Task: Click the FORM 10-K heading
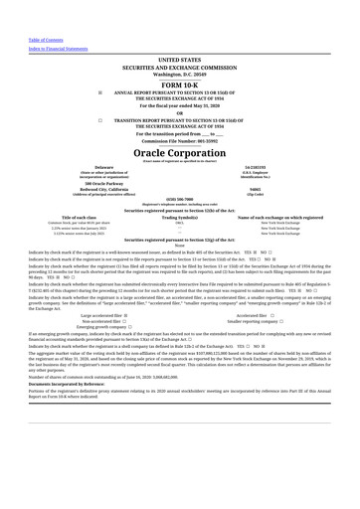179,85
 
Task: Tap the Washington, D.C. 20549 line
179,75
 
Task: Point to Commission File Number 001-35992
179,142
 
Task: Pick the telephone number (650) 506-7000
179,199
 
